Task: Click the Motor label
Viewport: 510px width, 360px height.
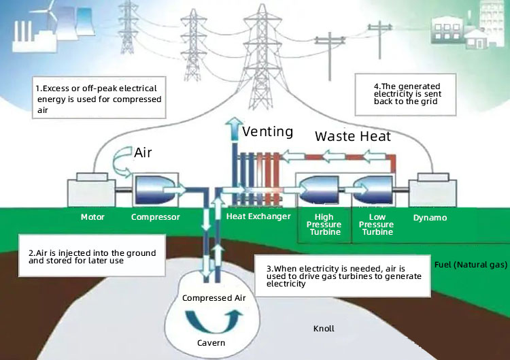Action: pos(92,218)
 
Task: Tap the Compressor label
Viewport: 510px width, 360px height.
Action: pos(155,218)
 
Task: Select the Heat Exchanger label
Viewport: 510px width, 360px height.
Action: pos(258,217)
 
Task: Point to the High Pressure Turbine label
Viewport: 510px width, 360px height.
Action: pos(324,225)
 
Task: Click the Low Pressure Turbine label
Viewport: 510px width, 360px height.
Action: pos(377,225)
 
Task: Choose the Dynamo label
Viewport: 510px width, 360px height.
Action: pos(430,218)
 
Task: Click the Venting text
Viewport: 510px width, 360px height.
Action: pos(268,131)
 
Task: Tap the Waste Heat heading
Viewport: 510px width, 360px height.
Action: pos(352,136)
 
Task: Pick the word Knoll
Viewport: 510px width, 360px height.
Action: pos(324,329)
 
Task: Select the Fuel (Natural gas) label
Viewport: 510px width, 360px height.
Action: pos(470,263)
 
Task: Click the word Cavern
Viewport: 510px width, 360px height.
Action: pos(211,342)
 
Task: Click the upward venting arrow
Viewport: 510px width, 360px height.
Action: pos(233,129)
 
